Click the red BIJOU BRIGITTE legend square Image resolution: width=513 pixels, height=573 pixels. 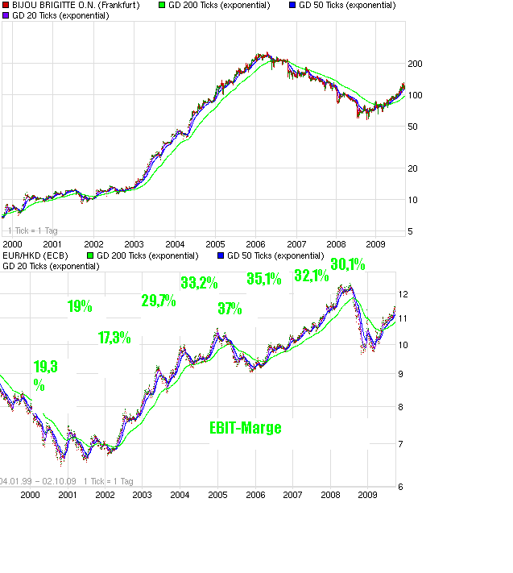6,5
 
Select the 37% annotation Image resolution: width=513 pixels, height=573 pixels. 230,309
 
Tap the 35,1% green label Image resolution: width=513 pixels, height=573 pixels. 264,279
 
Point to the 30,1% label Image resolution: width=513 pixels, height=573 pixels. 348,264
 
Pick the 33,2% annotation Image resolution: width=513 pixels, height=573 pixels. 199,283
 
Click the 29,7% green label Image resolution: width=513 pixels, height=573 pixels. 159,301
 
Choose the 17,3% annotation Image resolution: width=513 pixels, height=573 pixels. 114,338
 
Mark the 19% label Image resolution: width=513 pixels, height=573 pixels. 80,306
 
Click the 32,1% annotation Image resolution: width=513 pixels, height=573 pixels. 312,276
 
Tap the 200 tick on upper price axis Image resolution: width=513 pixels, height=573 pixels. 416,64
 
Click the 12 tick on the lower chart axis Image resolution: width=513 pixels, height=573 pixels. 404,295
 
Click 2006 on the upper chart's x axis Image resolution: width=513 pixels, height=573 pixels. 255,243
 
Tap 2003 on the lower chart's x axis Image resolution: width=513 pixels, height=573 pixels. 142,495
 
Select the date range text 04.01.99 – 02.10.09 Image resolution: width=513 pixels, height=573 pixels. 38,481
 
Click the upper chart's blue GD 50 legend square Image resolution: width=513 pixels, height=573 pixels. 292,5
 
